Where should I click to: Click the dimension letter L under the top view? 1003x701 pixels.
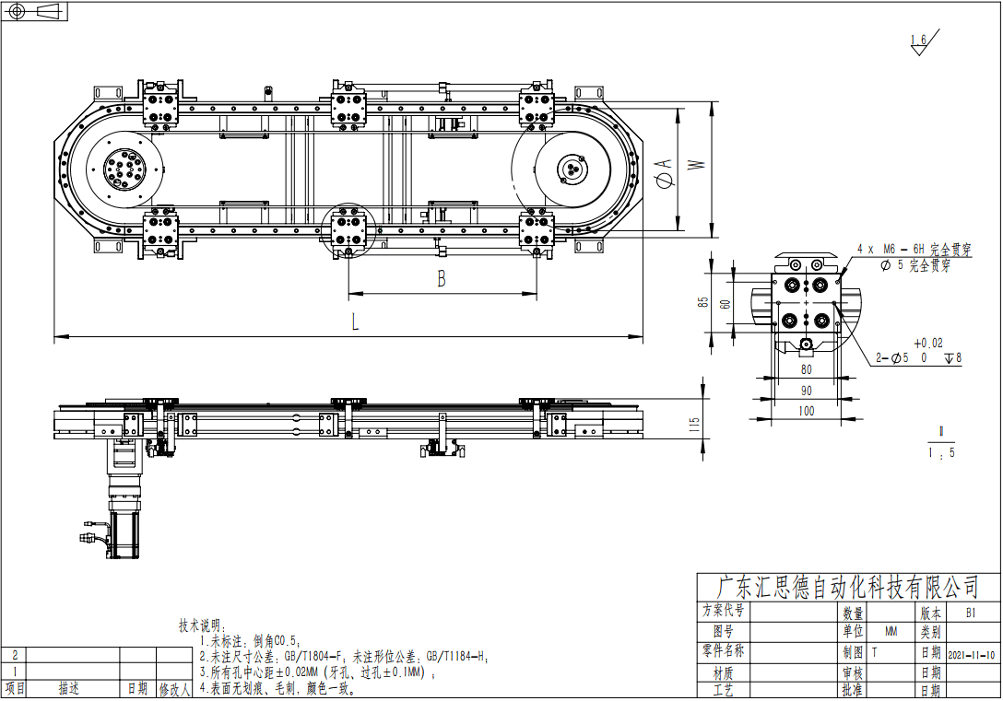pyautogui.click(x=356, y=322)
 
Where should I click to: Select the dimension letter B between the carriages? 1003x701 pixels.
pyautogui.click(x=442, y=279)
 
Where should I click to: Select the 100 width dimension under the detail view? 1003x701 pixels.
pyautogui.click(x=807, y=411)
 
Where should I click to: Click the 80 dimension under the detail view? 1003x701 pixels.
pyautogui.click(x=807, y=369)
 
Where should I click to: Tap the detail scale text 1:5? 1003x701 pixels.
pyautogui.click(x=940, y=452)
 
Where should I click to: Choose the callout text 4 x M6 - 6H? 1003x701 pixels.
pyautogui.click(x=891, y=250)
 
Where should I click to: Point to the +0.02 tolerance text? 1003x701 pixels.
pyautogui.click(x=928, y=343)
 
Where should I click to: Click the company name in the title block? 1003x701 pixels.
pyautogui.click(x=847, y=587)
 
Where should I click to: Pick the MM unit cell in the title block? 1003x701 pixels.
pyautogui.click(x=891, y=632)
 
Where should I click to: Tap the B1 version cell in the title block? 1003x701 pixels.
pyautogui.click(x=971, y=613)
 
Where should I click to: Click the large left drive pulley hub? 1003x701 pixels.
pyautogui.click(x=125, y=170)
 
